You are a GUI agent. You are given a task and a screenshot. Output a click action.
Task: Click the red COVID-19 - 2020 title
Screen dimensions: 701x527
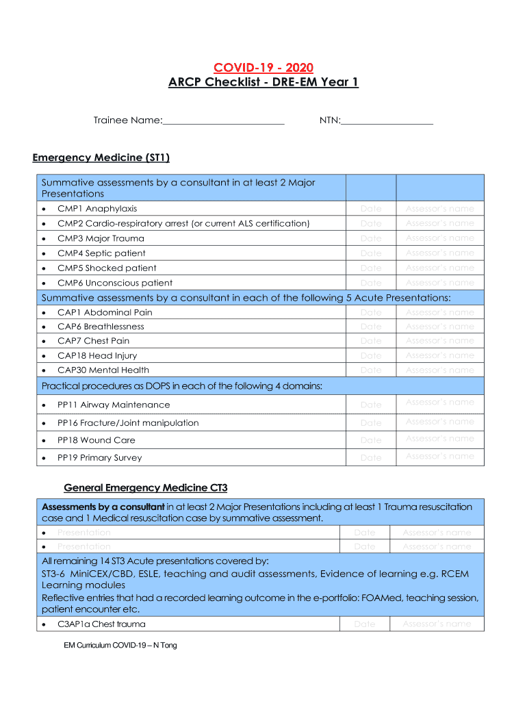coord(263,67)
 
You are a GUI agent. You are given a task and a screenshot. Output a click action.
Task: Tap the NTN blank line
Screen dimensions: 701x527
coord(387,122)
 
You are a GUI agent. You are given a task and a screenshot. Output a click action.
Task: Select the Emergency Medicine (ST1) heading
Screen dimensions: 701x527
coord(101,157)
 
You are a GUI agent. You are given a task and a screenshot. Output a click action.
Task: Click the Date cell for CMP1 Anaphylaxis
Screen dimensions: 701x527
coord(371,209)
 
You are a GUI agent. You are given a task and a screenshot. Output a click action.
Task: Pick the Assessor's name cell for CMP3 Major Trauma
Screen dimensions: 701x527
coord(439,238)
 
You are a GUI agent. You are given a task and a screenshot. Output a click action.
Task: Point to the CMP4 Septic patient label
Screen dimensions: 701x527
coord(101,253)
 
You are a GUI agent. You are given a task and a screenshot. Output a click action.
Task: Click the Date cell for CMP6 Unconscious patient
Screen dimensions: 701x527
coord(371,283)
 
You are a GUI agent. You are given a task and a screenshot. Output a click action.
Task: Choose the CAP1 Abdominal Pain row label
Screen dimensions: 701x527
coord(105,312)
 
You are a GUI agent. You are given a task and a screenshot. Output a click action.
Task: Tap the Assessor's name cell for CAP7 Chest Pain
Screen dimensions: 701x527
coord(439,341)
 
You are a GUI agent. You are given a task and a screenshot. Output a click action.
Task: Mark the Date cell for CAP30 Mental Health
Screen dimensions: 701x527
coord(371,370)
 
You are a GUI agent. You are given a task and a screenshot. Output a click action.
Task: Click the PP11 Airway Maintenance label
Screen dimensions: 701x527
coord(103,405)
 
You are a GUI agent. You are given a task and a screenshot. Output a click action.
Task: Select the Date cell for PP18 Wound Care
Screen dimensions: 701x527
coord(371,440)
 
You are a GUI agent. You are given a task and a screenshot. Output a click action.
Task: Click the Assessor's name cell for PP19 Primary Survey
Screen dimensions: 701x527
coord(439,457)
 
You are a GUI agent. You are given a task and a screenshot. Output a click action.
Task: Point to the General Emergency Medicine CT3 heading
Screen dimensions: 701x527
coord(145,488)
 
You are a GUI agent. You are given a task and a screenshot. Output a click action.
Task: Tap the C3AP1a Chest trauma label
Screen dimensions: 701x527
coord(101,624)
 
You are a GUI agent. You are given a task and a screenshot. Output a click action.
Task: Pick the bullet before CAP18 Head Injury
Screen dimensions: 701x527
coord(44,356)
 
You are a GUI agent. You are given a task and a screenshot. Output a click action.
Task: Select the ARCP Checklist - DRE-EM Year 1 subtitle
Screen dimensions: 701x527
coord(263,83)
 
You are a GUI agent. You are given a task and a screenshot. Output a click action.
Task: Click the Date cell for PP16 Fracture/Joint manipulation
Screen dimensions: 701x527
coord(371,423)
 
